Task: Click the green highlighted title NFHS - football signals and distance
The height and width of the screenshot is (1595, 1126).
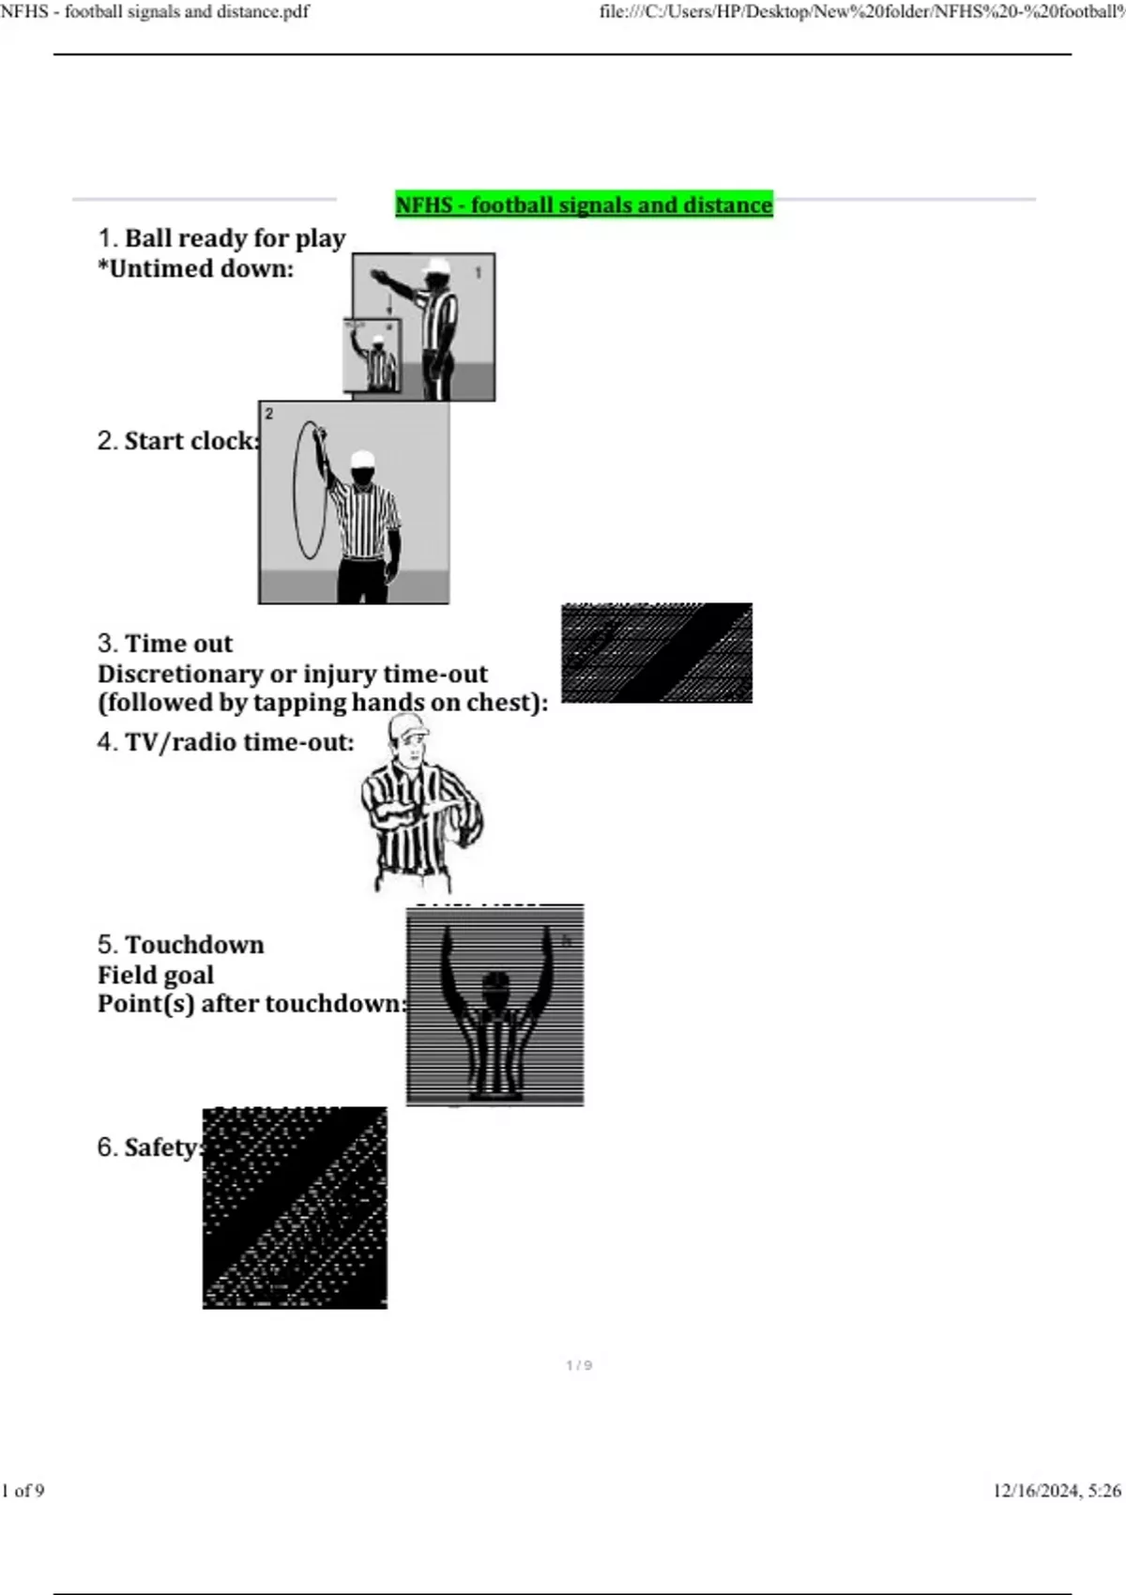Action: tap(584, 205)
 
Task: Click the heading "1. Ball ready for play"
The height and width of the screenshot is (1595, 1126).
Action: tap(221, 237)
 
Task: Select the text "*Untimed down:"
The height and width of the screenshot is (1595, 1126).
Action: tap(196, 268)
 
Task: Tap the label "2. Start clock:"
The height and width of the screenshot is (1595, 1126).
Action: tap(178, 441)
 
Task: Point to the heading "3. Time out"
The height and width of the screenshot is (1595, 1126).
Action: tap(164, 643)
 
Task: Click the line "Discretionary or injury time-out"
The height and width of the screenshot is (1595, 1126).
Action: tap(293, 674)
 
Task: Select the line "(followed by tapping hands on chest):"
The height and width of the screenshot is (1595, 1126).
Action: tap(323, 702)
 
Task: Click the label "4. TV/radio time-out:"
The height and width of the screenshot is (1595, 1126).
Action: tap(226, 742)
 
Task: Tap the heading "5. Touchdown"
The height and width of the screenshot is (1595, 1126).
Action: tap(180, 944)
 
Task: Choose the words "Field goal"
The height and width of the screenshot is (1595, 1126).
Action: tap(155, 975)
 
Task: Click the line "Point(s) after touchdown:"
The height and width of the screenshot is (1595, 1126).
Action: tap(252, 1003)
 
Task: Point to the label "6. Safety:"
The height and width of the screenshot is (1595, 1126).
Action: tap(150, 1147)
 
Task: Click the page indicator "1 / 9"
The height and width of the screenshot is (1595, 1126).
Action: tap(579, 1365)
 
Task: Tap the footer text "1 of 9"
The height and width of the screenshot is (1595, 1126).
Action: tap(23, 1490)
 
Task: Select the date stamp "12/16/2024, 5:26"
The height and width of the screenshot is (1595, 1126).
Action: tap(1058, 1490)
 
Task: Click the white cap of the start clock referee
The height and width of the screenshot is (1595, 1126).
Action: tap(362, 459)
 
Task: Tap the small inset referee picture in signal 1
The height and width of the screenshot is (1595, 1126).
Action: tap(373, 356)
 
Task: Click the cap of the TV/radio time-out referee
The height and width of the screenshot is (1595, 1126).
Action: tap(406, 727)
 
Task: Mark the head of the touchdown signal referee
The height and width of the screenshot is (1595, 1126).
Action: tap(495, 987)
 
